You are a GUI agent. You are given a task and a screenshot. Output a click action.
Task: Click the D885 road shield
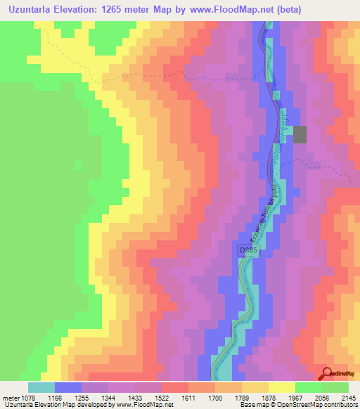tap(247, 250)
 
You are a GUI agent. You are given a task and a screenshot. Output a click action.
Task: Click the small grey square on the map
tap(300, 134)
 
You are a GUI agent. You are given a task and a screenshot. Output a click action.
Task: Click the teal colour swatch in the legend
tap(41, 387)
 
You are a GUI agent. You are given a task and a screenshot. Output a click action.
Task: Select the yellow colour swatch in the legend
tap(281, 387)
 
